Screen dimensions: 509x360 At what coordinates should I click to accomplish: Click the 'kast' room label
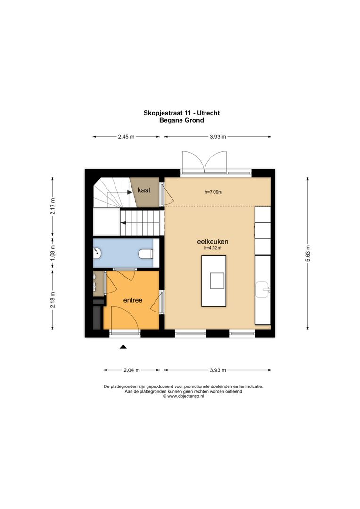tap(144, 190)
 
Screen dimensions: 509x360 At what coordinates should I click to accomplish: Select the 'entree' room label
tap(133, 300)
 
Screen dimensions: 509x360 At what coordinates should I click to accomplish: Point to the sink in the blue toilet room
tap(97, 254)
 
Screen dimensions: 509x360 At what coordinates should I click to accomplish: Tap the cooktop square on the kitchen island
tap(217, 280)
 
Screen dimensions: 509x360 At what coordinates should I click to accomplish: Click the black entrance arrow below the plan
tap(123, 347)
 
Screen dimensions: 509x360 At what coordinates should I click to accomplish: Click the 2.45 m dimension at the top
tap(126, 137)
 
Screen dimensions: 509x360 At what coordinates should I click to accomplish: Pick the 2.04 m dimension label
tap(131, 370)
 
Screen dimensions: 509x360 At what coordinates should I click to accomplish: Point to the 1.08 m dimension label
tap(53, 254)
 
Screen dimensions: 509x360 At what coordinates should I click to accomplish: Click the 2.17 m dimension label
tap(53, 206)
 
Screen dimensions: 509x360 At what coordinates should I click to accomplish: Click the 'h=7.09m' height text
tap(213, 192)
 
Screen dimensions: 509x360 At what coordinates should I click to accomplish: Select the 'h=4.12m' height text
tap(213, 248)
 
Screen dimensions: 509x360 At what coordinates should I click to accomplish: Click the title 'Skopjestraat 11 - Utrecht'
tap(181, 113)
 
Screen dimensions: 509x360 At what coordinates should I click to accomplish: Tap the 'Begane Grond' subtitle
tap(181, 120)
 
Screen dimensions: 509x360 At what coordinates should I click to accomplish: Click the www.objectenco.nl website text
tap(183, 396)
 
